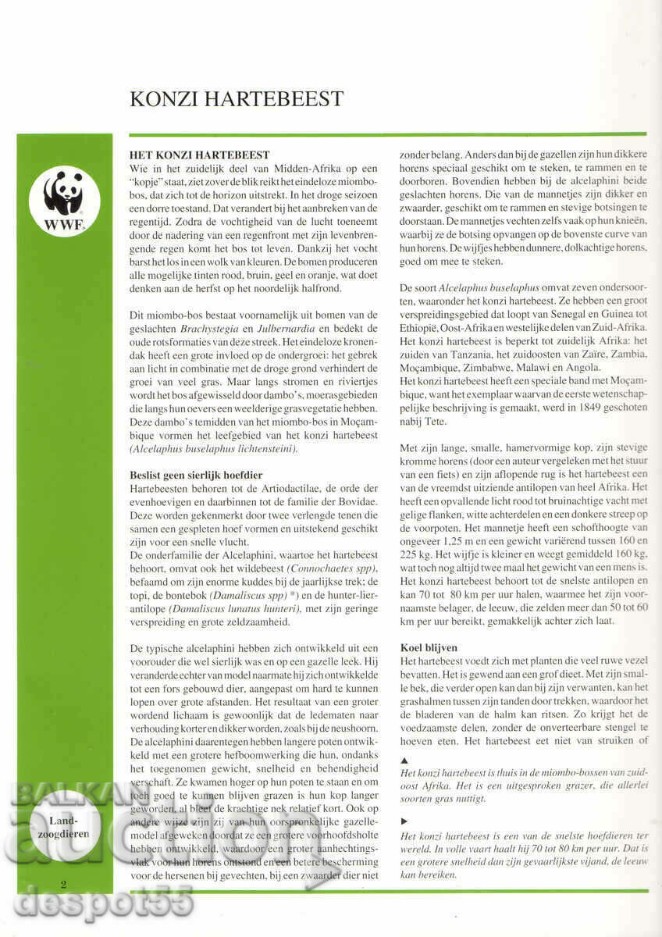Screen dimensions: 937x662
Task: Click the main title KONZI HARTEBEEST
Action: (236, 98)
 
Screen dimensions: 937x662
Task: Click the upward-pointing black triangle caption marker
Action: (403, 759)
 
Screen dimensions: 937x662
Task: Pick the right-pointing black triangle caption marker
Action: (403, 821)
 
